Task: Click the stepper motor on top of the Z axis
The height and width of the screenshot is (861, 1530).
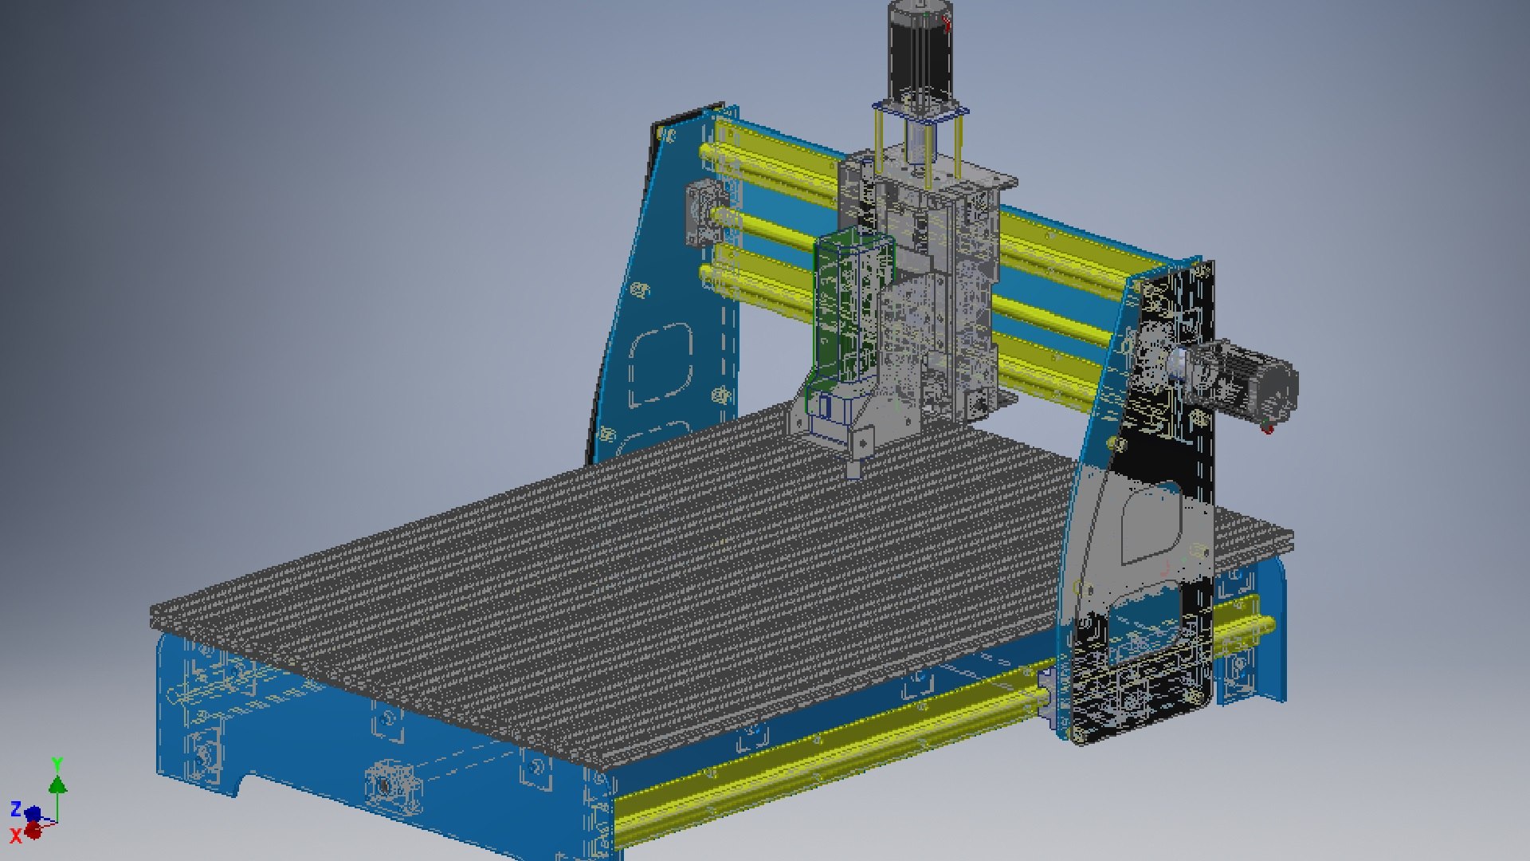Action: click(x=917, y=52)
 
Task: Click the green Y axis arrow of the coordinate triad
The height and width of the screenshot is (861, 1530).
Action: click(x=57, y=784)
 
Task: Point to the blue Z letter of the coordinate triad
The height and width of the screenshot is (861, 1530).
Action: click(x=15, y=809)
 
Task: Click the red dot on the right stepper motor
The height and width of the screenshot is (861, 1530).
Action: click(x=1268, y=430)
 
